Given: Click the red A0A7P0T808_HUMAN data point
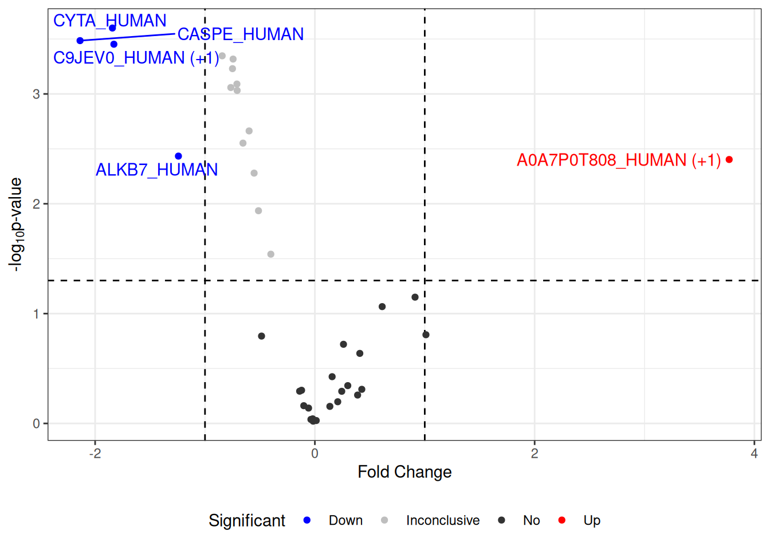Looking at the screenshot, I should [x=729, y=160].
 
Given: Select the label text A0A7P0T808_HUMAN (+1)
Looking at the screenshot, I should [x=618, y=160].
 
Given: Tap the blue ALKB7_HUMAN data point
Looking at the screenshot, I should [x=178, y=156].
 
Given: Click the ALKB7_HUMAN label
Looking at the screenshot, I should [x=156, y=170].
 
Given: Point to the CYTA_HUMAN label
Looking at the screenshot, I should [x=109, y=21].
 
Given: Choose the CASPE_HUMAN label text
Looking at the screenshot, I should [x=241, y=34].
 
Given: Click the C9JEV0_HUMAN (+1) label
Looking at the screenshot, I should [x=136, y=58].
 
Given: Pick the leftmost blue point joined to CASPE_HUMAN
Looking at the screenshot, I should [x=80, y=41].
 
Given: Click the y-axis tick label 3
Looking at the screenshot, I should [x=36, y=94].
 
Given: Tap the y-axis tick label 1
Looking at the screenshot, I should [x=36, y=314].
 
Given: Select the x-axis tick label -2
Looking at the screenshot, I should [x=95, y=453].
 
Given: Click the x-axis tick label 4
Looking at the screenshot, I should [x=754, y=453].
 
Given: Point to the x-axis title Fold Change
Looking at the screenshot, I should [x=404, y=472].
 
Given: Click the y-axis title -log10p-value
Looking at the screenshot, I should [x=16, y=224].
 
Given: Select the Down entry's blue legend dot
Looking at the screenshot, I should [x=307, y=520].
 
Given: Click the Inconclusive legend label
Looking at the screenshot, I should [x=442, y=520].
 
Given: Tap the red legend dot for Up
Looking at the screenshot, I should [x=561, y=520].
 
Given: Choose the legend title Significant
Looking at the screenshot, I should [x=246, y=520].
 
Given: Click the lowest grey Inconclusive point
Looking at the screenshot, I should [x=271, y=254].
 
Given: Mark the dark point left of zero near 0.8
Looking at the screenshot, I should [x=261, y=336].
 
